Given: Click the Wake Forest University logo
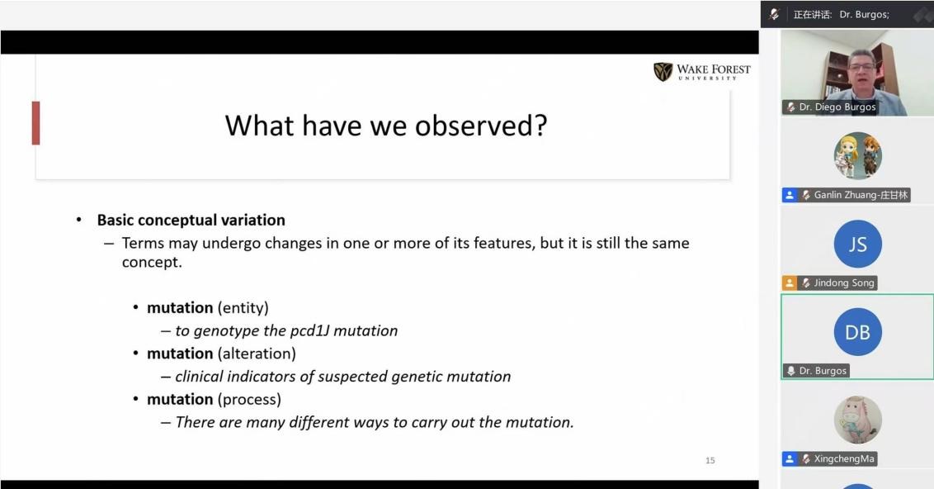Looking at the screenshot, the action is pyautogui.click(x=701, y=72).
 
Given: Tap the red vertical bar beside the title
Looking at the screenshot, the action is pyautogui.click(x=35, y=123).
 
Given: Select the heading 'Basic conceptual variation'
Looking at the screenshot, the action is pyautogui.click(x=191, y=220).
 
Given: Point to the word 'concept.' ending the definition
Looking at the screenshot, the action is pyautogui.click(x=152, y=263).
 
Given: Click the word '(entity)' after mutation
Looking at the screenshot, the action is pyautogui.click(x=243, y=308).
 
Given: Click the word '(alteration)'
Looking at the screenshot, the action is pyautogui.click(x=257, y=354).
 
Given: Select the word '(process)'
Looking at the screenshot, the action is pyautogui.click(x=249, y=400).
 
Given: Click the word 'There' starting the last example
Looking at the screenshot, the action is pyautogui.click(x=195, y=422).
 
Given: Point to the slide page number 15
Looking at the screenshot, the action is pyautogui.click(x=710, y=460).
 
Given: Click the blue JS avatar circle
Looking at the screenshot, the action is pyautogui.click(x=858, y=244).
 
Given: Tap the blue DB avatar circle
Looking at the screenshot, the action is pyautogui.click(x=858, y=332).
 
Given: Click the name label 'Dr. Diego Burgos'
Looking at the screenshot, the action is pyautogui.click(x=837, y=107).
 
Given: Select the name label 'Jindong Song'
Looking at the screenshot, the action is pyautogui.click(x=844, y=282).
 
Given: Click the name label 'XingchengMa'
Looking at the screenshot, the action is pyautogui.click(x=844, y=458).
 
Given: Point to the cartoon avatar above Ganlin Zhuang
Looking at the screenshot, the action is pyautogui.click(x=858, y=155).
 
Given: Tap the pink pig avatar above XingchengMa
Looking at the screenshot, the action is pyautogui.click(x=858, y=420).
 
